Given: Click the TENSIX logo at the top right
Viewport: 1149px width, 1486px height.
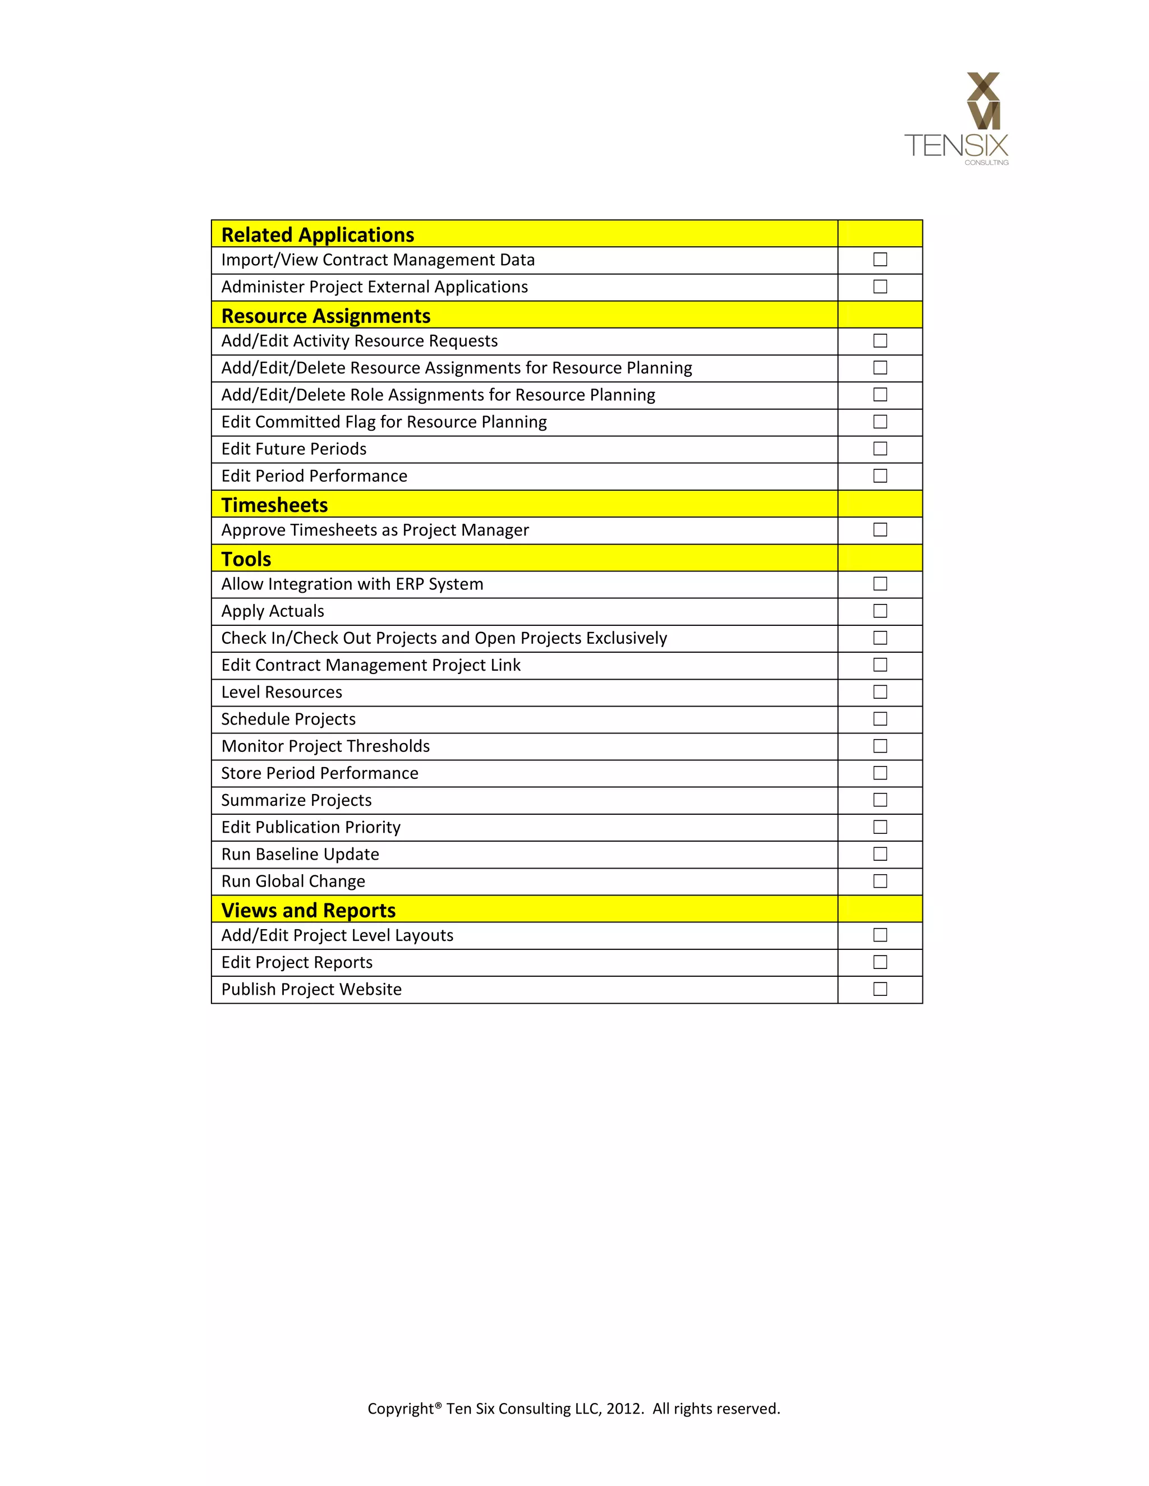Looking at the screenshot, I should click(957, 118).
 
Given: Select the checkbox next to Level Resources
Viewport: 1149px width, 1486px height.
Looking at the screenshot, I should click(880, 692).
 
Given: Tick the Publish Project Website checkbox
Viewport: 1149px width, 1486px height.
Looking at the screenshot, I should click(880, 989).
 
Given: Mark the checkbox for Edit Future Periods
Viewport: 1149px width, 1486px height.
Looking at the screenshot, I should click(880, 449).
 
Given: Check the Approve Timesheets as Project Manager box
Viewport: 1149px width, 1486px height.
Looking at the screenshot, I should click(880, 530).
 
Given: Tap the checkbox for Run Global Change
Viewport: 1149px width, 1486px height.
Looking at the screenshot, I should click(880, 881).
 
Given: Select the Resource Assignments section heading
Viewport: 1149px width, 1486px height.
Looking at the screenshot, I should click(325, 316).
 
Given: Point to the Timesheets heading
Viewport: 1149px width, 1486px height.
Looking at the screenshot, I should click(274, 505).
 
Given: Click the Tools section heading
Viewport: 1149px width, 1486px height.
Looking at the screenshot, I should click(246, 559).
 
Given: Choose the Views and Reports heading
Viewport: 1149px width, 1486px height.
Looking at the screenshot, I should click(309, 910).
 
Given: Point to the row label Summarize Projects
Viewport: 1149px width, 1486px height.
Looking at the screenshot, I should click(296, 800).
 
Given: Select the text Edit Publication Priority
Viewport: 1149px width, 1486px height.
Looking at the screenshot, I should click(310, 827).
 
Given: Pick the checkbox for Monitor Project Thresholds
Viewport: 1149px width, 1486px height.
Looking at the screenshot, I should click(880, 746).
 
